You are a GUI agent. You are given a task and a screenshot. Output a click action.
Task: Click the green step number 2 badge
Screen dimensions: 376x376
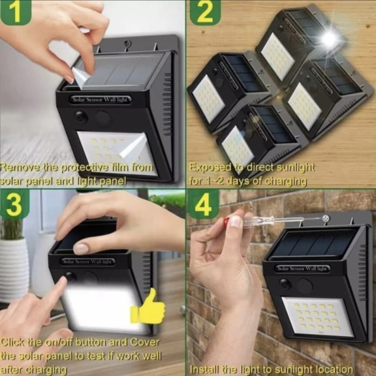pyautogui.click(x=205, y=12)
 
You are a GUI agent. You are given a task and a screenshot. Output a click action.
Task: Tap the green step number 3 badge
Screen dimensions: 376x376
pyautogui.click(x=15, y=205)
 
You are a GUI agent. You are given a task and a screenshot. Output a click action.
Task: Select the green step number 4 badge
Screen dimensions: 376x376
pyautogui.click(x=204, y=204)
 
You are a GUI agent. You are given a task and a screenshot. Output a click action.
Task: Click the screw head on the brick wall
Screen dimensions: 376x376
pyautogui.click(x=325, y=219)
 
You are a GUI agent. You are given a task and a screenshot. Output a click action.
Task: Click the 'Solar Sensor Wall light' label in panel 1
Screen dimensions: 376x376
pyautogui.click(x=102, y=99)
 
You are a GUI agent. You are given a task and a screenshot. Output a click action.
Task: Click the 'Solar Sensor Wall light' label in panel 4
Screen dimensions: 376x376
pyautogui.click(x=303, y=268)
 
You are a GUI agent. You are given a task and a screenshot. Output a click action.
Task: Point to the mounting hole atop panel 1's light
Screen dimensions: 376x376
pyautogui.click(x=128, y=43)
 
